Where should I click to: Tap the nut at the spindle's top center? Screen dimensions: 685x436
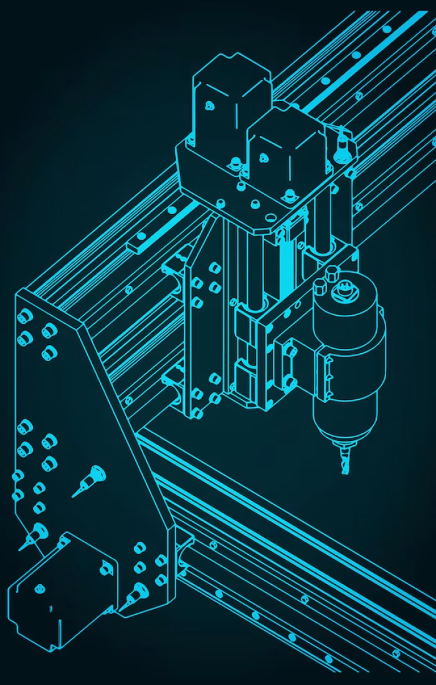coord(341,288)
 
